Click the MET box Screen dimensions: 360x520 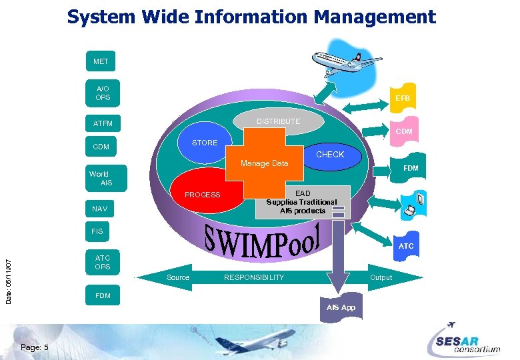point(101,61)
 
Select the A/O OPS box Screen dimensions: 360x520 point(103,93)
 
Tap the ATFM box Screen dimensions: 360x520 point(103,123)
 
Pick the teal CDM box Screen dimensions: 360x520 point(101,147)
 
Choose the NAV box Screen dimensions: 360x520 point(100,209)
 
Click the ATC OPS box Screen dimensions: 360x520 point(103,262)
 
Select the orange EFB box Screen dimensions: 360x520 point(402,97)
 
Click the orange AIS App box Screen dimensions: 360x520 point(341,307)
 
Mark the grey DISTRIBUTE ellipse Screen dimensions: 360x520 point(278,121)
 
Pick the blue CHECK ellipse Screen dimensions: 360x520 point(329,155)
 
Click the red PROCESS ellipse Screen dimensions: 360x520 point(203,195)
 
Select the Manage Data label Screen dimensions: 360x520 point(265,163)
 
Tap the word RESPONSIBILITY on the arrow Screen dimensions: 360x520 point(253,277)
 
